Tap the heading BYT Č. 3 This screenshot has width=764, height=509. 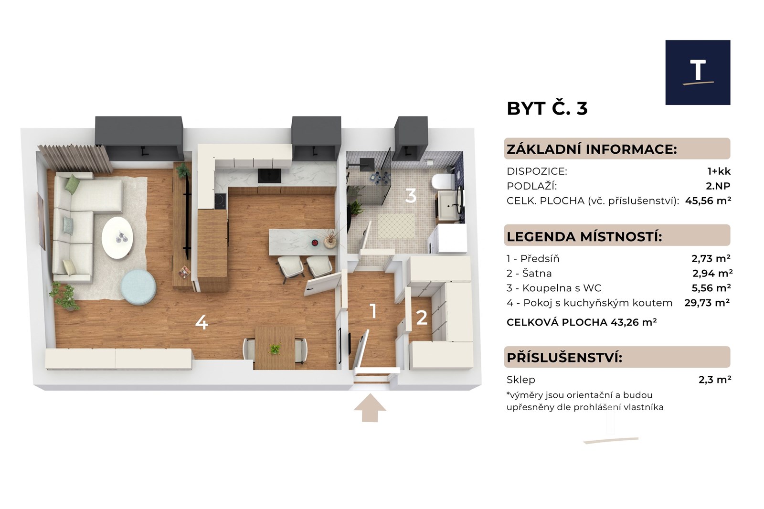547,108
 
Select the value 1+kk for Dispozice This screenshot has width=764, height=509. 719,171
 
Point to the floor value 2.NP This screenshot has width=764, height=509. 718,186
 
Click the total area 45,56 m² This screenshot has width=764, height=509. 708,201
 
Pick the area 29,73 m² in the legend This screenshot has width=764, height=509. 707,303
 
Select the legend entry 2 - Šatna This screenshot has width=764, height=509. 529,274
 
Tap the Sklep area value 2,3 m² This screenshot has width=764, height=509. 715,379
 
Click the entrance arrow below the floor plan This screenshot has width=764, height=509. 370,408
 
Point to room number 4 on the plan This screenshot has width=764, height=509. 202,322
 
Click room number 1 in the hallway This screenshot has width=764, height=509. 373,311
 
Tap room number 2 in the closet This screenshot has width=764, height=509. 422,318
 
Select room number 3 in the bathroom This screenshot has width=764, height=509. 411,196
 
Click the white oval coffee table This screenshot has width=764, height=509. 117,238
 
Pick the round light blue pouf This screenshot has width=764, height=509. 138,287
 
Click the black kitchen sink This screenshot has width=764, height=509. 269,175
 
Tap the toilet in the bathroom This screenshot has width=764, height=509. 443,181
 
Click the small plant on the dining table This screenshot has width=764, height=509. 275,349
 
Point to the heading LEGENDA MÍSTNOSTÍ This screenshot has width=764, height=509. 584,236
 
